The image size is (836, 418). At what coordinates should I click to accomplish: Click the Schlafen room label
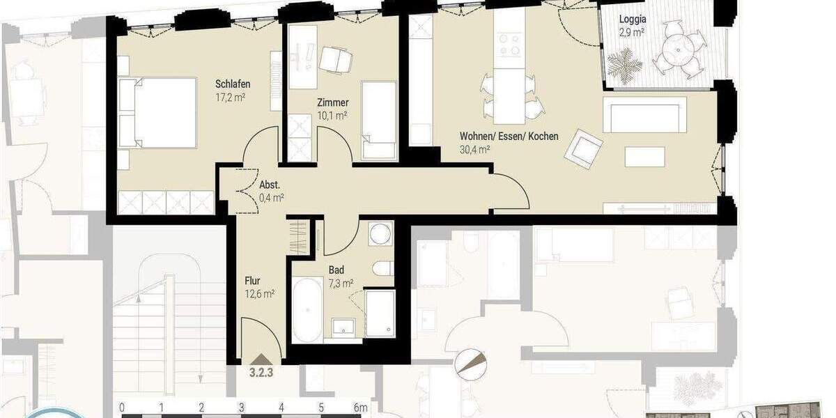pyautogui.click(x=233, y=84)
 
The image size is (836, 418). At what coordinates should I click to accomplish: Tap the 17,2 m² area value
pyautogui.click(x=233, y=98)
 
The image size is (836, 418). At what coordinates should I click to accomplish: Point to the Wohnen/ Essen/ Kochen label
pyautogui.click(x=509, y=137)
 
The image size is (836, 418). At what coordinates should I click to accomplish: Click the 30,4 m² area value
pyautogui.click(x=475, y=150)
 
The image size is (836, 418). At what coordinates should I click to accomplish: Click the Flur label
pyautogui.click(x=252, y=281)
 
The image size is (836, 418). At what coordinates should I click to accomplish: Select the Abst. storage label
pyautogui.click(x=270, y=185)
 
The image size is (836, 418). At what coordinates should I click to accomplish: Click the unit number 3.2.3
pyautogui.click(x=261, y=372)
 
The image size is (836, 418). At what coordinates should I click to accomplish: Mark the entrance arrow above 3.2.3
pyautogui.click(x=261, y=358)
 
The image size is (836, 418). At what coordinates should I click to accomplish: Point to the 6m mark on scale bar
pyautogui.click(x=360, y=407)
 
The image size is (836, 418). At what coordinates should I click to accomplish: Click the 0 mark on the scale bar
pyautogui.click(x=122, y=407)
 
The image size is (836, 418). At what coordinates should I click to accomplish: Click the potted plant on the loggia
pyautogui.click(x=624, y=65)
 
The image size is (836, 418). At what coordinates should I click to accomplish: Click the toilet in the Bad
pyautogui.click(x=383, y=269)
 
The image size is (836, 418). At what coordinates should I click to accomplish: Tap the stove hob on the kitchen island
pyautogui.click(x=509, y=45)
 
